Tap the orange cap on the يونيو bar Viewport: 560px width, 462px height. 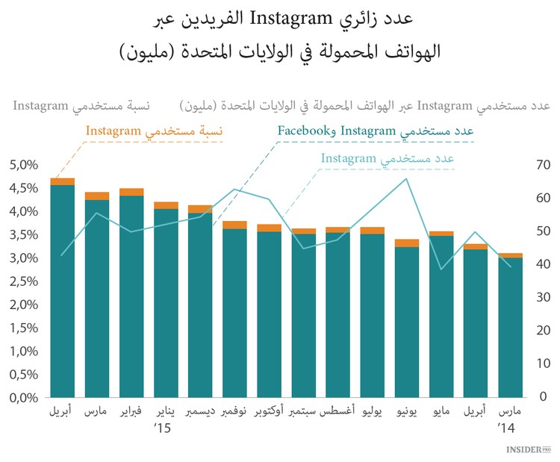pyautogui.click(x=407, y=243)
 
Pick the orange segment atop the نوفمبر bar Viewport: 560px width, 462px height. pyautogui.click(x=234, y=225)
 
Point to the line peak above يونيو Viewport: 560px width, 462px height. pyautogui.click(x=407, y=178)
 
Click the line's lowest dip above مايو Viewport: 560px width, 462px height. pyautogui.click(x=441, y=269)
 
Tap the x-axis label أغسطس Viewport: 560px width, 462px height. pyautogui.click(x=337, y=412)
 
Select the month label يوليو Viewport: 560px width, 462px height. pyautogui.click(x=373, y=412)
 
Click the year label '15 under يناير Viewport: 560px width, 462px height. pyautogui.click(x=162, y=428)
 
